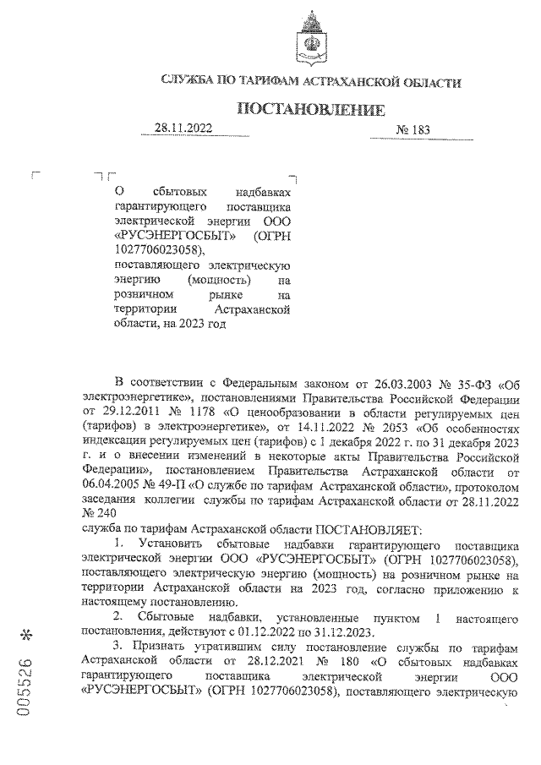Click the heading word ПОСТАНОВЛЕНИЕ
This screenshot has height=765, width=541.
(310, 110)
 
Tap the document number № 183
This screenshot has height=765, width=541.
(413, 130)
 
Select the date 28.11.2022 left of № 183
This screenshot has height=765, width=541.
(183, 128)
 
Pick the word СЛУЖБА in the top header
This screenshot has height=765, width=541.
(189, 83)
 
